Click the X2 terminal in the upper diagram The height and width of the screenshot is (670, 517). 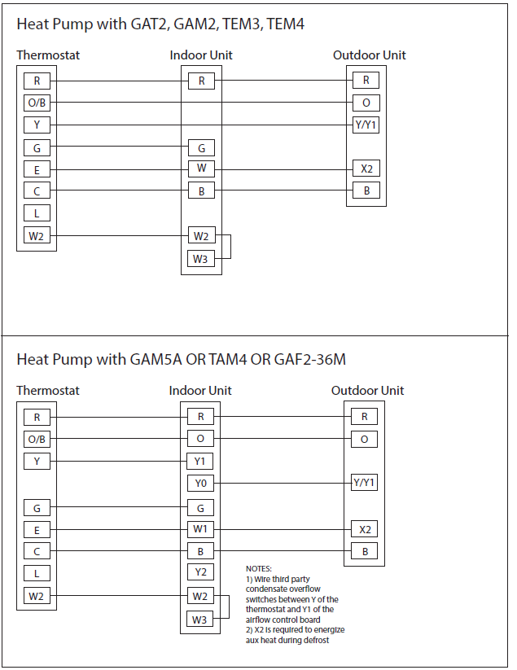[366, 169]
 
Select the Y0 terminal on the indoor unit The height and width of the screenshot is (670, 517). [200, 484]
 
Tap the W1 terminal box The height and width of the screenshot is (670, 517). [200, 529]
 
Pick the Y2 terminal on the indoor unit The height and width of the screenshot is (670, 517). [200, 573]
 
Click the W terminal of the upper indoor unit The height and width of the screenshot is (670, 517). [200, 169]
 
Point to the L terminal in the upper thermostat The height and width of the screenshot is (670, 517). [37, 213]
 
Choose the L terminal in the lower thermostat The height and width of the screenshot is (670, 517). [37, 573]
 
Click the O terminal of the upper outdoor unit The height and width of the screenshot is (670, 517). [366, 103]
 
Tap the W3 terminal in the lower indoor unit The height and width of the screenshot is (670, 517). [200, 620]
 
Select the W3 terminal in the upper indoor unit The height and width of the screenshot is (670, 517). [200, 259]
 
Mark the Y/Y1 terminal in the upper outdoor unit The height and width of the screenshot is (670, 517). [366, 125]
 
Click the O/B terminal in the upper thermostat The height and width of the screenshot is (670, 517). [37, 103]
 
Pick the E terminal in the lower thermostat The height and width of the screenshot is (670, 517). [37, 529]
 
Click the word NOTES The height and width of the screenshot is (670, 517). [259, 569]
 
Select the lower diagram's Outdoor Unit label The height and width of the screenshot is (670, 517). [367, 391]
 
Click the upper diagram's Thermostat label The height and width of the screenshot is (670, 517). [48, 55]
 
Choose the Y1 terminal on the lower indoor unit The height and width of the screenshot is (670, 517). [200, 462]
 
